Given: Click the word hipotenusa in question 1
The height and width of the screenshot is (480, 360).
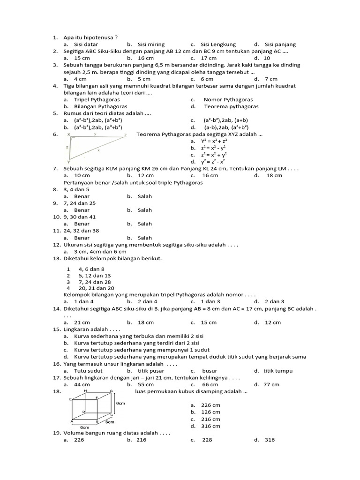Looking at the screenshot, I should click(x=98, y=37).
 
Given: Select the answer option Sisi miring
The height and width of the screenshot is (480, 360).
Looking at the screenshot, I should click(x=151, y=45).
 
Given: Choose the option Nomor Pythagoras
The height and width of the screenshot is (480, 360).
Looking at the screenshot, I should click(x=228, y=100).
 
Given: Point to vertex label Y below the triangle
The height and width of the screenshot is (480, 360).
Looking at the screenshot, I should click(x=69, y=162).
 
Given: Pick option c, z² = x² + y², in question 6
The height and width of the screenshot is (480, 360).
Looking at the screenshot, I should click(x=214, y=155).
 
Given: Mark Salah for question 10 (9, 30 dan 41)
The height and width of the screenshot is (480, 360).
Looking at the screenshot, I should click(x=144, y=224).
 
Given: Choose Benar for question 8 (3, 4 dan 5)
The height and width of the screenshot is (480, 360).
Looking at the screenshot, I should click(x=82, y=196).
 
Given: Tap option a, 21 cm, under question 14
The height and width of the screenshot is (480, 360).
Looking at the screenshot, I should click(x=82, y=322).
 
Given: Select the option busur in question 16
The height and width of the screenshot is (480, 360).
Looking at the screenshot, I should click(x=210, y=371).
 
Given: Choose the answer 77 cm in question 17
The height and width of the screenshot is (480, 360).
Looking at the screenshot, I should click(x=271, y=385).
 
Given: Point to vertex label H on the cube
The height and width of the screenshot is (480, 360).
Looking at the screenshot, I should click(x=86, y=391).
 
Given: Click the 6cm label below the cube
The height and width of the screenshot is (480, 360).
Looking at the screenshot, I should click(x=85, y=427).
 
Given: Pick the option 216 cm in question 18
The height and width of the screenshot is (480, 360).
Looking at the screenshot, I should click(x=211, y=419).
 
